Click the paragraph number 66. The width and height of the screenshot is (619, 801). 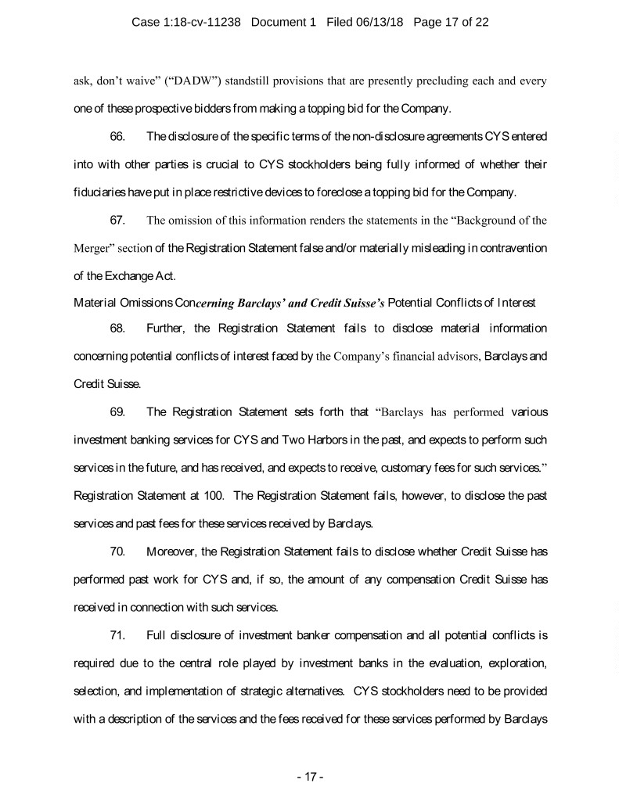click(x=117, y=137)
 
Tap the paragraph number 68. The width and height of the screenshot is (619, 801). click(x=117, y=327)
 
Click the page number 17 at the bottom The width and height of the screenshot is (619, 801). click(x=310, y=777)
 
